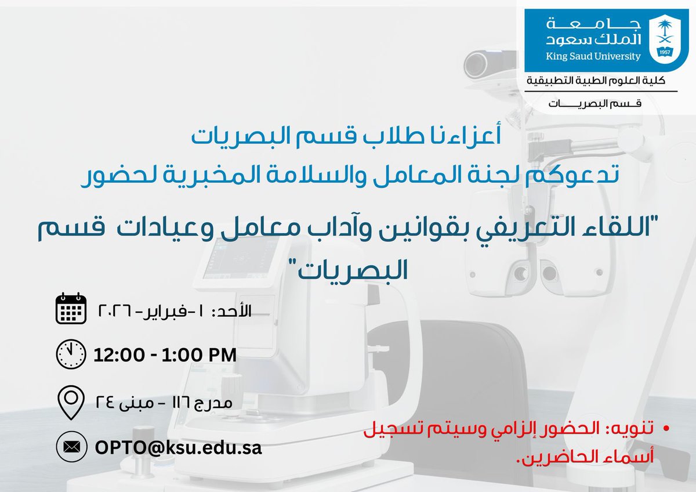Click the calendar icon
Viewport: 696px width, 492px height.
tap(71, 309)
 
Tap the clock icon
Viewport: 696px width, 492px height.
tap(71, 353)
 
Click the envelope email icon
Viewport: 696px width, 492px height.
tap(71, 447)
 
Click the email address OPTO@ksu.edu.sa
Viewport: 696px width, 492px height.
tap(177, 448)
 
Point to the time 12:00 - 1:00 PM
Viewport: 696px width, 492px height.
tap(165, 354)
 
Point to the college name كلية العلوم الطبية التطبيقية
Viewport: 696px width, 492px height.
tap(600, 79)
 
